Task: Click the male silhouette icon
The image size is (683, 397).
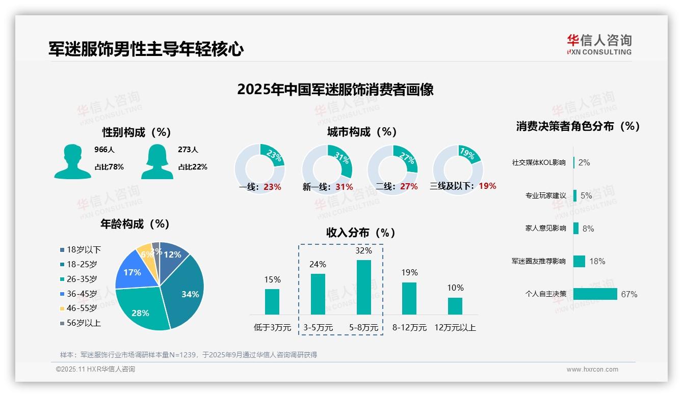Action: coord(72,161)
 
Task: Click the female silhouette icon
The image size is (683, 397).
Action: coord(157,161)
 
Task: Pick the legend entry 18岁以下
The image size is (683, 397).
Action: coord(81,250)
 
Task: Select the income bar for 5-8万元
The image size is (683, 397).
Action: coord(363,287)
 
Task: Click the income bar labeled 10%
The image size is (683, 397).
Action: coord(455,306)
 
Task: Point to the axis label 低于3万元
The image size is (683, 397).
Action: coord(272,328)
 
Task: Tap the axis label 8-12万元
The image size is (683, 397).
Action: coord(409,328)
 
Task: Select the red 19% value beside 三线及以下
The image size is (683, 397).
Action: coord(487,186)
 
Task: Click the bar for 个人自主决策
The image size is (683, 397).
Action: coord(595,294)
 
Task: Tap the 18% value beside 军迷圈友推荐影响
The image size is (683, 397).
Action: coord(597,262)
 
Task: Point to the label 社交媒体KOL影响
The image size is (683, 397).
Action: coord(538,163)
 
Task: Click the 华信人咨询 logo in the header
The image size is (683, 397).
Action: coord(599,44)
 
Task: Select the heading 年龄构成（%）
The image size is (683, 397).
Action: coord(135,224)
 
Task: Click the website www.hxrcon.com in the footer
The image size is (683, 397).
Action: coord(592,370)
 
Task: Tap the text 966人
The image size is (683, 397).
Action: coord(104,150)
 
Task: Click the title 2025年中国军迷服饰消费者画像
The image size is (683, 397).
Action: coord(335,90)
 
